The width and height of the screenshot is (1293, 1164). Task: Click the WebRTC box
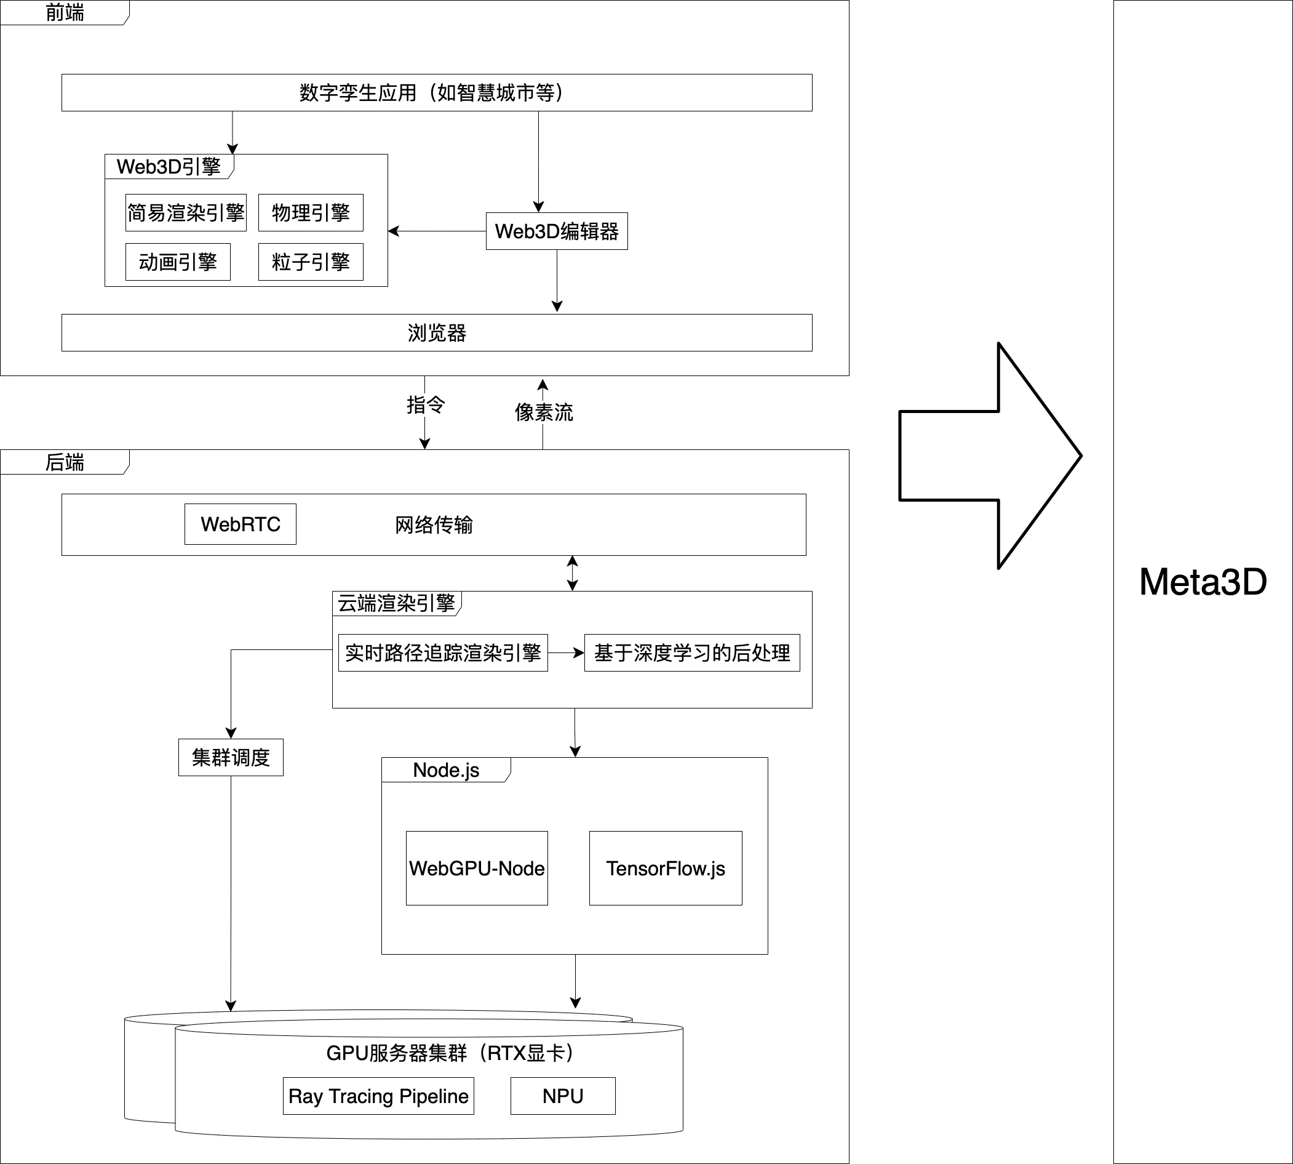click(241, 524)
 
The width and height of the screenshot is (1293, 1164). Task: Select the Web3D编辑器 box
click(557, 231)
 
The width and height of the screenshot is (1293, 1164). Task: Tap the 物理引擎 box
click(311, 212)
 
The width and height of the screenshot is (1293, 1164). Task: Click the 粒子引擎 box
click(311, 262)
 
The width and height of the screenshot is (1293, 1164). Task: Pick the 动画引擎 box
click(178, 262)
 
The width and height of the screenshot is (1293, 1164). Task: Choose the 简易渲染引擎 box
click(186, 212)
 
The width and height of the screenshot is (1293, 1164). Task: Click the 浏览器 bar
click(437, 332)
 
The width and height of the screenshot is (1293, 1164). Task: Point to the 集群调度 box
click(231, 757)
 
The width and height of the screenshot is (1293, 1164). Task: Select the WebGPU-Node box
click(477, 868)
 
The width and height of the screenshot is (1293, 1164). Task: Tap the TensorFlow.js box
click(666, 868)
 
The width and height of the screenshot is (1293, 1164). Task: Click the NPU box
click(562, 1096)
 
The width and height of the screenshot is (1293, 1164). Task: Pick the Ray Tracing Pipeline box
click(378, 1096)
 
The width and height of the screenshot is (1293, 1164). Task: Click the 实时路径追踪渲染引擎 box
click(443, 652)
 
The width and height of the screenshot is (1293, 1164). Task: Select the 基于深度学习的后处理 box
click(691, 652)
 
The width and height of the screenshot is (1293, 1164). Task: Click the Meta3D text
click(1203, 582)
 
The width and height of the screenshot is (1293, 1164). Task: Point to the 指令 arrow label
click(426, 404)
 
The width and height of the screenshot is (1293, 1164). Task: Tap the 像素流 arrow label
click(544, 412)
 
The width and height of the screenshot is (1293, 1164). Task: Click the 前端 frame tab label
click(65, 13)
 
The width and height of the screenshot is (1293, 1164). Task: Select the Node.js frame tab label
click(446, 770)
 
